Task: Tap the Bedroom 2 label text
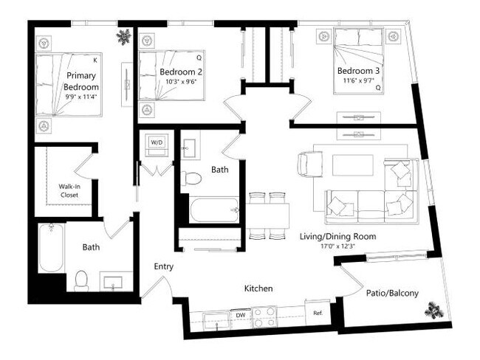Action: coord(180,72)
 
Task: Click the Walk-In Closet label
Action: coord(64,191)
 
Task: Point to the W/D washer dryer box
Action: coord(157,142)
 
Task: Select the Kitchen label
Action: coord(258,288)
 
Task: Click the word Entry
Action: coord(163,266)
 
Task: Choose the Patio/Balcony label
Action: coord(392,293)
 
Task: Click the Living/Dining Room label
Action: coord(337,237)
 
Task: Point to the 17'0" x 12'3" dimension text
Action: coord(338,247)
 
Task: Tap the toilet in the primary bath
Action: coord(81,280)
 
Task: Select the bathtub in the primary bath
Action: coord(50,247)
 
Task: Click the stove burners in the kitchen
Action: coord(264,316)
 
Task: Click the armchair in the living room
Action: coord(309,162)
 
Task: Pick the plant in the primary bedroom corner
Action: coord(124,37)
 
